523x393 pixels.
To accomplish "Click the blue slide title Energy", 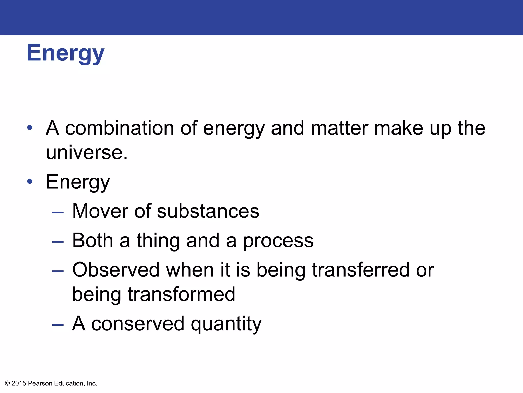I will coord(65,53).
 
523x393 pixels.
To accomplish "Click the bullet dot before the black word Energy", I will coord(30,181).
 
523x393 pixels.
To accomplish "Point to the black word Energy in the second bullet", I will coord(78,182).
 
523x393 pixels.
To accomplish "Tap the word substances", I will coord(208,211).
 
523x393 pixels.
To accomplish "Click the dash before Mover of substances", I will coord(58,212).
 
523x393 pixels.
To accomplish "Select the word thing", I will coord(158,241).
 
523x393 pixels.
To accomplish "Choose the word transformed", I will coord(181,294).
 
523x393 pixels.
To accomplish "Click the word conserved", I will coord(138,324).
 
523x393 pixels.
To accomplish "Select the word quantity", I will coord(226,324).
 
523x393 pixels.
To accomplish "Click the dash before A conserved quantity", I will coord(58,325).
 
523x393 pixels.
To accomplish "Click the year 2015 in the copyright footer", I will coord(19,383).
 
